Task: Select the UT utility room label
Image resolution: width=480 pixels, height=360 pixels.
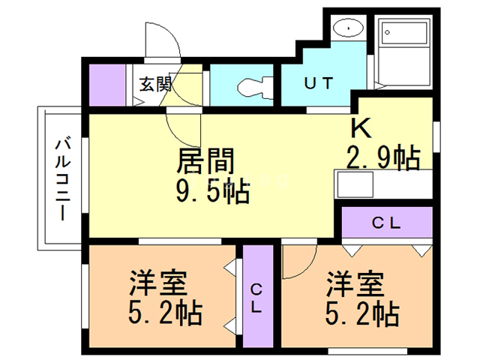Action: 318,82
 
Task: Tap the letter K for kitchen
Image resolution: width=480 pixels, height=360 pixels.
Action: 358,128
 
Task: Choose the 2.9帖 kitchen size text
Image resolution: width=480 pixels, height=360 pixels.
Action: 382,157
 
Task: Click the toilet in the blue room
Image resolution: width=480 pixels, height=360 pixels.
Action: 250,86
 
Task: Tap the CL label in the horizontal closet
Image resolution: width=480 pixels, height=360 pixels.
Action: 387,223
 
